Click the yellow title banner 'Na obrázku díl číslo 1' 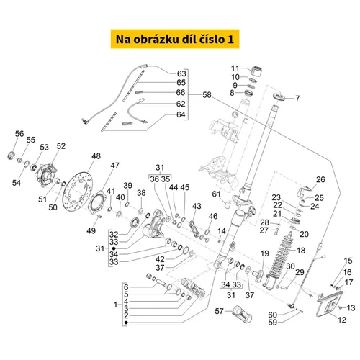tap(175, 39)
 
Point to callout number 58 tap(207, 95)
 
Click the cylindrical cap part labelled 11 tap(256, 71)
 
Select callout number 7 tap(297, 98)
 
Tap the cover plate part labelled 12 tap(330, 304)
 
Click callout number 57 tap(219, 311)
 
